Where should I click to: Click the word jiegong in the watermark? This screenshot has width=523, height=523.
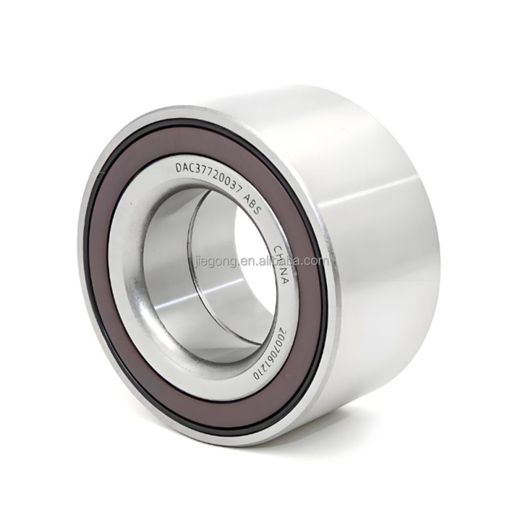click(213, 261)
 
